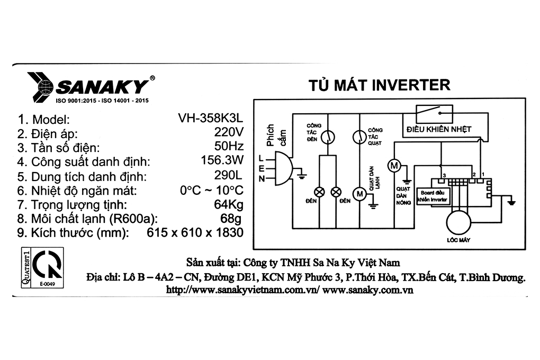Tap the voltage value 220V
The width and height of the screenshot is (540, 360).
(x=229, y=132)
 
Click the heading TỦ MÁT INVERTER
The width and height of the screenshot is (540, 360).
(x=379, y=85)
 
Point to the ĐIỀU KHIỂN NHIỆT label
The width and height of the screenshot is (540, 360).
(x=439, y=129)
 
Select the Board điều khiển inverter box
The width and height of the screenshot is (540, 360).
(x=433, y=196)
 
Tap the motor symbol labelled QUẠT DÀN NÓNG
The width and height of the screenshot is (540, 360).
(x=394, y=166)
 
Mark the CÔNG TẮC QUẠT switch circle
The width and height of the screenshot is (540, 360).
(x=359, y=137)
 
